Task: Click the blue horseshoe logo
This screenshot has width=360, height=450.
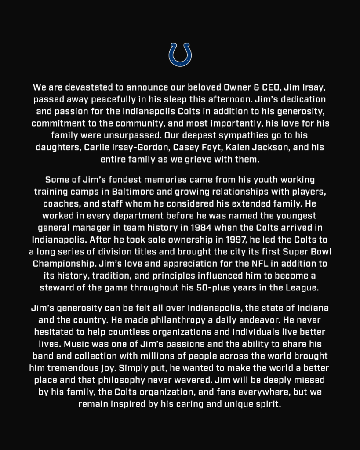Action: click(x=180, y=55)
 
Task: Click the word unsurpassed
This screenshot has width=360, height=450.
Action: click(x=175, y=135)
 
